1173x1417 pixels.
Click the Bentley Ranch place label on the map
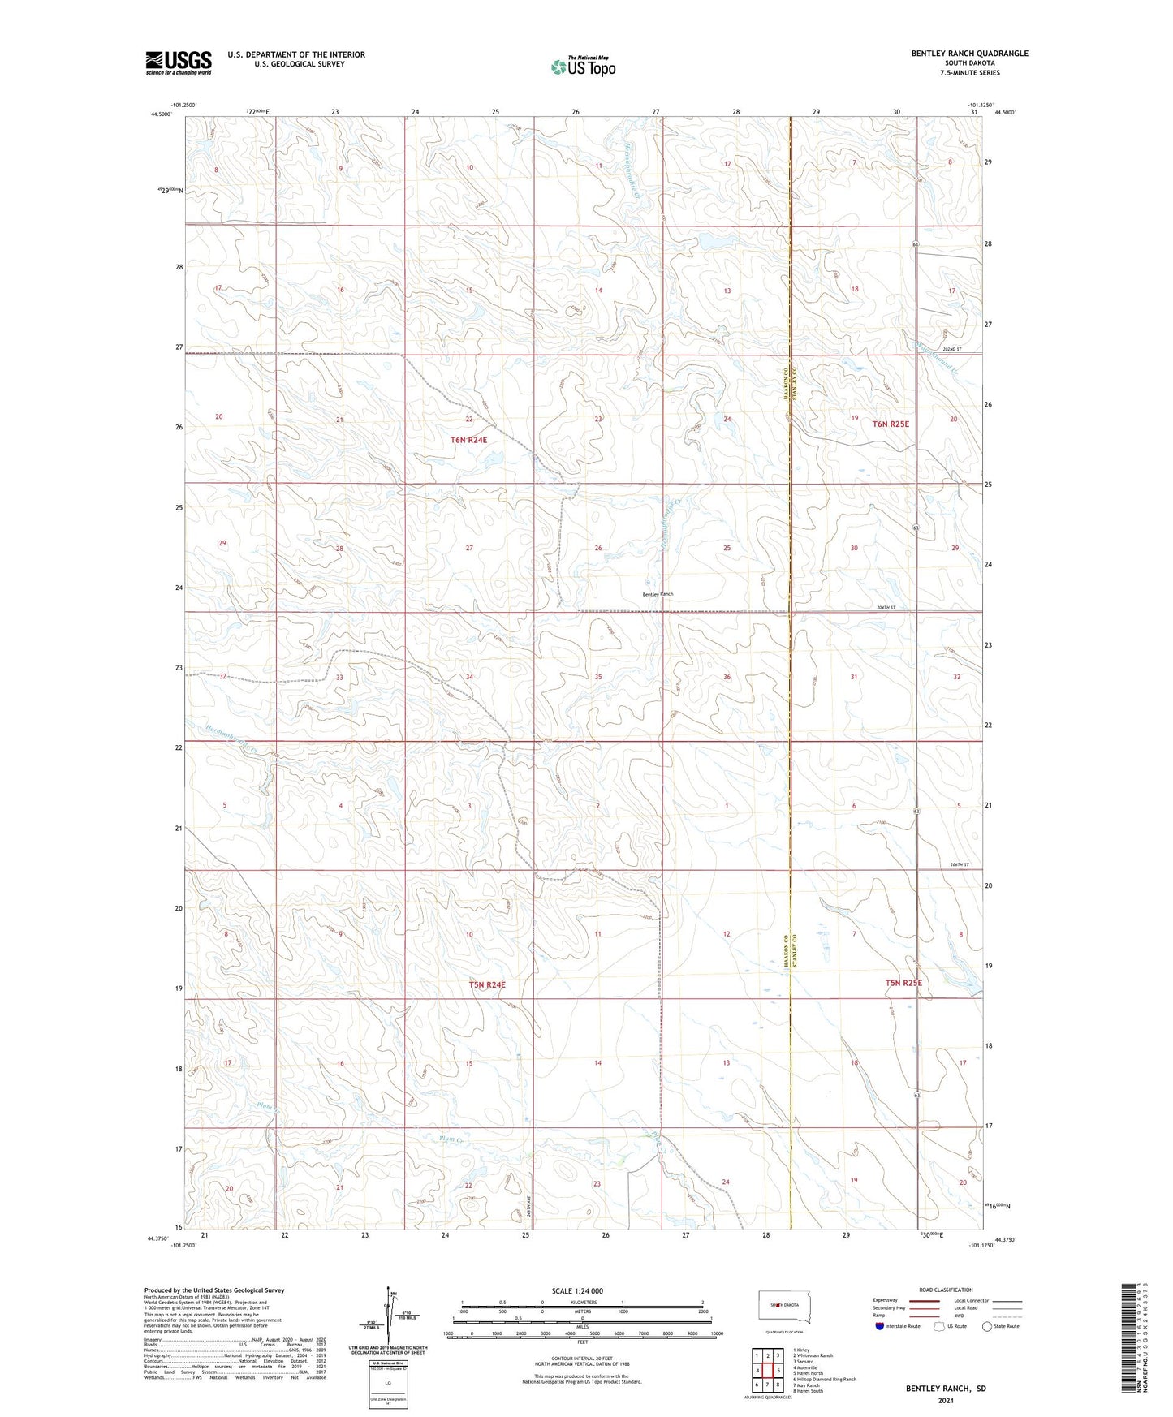tap(658, 594)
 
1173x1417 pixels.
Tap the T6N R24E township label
tap(469, 440)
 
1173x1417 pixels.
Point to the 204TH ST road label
tap(886, 607)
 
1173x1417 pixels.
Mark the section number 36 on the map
tap(727, 677)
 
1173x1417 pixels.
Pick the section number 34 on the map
tap(469, 677)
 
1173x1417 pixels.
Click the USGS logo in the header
tap(179, 62)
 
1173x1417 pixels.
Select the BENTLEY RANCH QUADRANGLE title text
tap(969, 54)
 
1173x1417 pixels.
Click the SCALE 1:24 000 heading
tap(577, 1291)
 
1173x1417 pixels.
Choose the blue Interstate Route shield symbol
tap(881, 1326)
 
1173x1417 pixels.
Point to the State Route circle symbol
tap(987, 1326)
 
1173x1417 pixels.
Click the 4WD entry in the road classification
tap(960, 1316)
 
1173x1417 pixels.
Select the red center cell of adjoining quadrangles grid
tap(767, 1371)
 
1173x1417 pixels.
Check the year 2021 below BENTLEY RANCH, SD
tap(946, 1400)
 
